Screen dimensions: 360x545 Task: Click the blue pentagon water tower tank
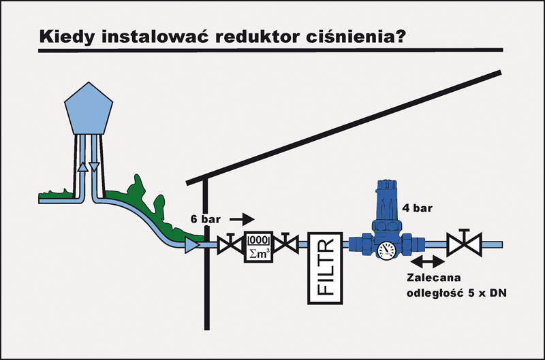pos(87,109)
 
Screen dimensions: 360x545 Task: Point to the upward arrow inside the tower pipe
pos(81,167)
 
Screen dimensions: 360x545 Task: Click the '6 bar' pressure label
pos(206,219)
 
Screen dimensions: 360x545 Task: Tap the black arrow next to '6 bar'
pos(242,219)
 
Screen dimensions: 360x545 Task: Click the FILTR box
pos(325,267)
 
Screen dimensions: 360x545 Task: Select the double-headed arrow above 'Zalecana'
pos(426,262)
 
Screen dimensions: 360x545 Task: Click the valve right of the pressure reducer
pos(463,243)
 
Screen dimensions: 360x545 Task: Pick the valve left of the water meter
pos(227,244)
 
